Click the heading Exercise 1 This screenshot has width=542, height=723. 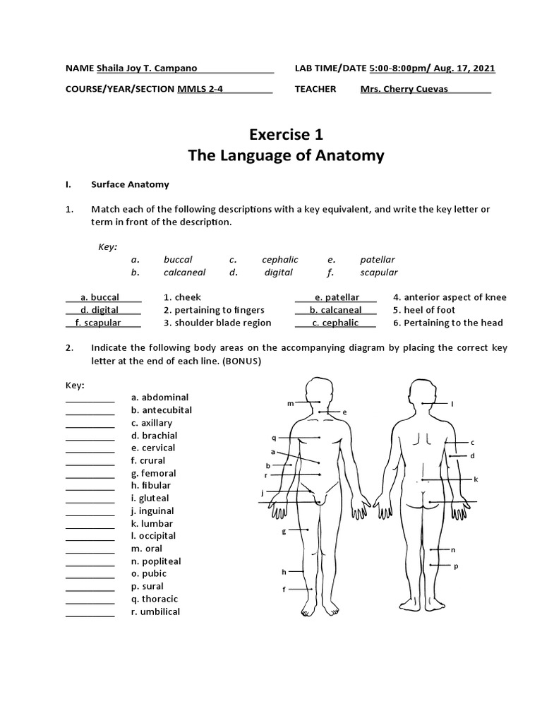pyautogui.click(x=286, y=134)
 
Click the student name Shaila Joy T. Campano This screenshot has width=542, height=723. pyautogui.click(x=146, y=68)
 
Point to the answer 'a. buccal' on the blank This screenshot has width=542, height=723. pyautogui.click(x=100, y=297)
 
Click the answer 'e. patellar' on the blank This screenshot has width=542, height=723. pyautogui.click(x=337, y=297)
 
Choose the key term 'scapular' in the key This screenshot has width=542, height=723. pyautogui.click(x=379, y=272)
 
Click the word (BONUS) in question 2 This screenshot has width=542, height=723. pyautogui.click(x=240, y=361)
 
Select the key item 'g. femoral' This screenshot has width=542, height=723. pyautogui.click(x=153, y=473)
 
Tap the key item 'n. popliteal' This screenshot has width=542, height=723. pyautogui.click(x=155, y=561)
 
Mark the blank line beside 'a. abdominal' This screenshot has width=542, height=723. pyautogui.click(x=90, y=398)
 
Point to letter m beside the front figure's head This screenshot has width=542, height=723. pyautogui.click(x=289, y=403)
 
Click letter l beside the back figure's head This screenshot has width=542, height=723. pyautogui.click(x=452, y=404)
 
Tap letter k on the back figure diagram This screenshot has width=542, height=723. pyautogui.click(x=476, y=479)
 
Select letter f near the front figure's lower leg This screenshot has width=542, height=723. pyautogui.click(x=284, y=589)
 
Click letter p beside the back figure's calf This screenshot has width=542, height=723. pyautogui.click(x=456, y=566)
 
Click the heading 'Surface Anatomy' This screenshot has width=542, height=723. pyautogui.click(x=130, y=184)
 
